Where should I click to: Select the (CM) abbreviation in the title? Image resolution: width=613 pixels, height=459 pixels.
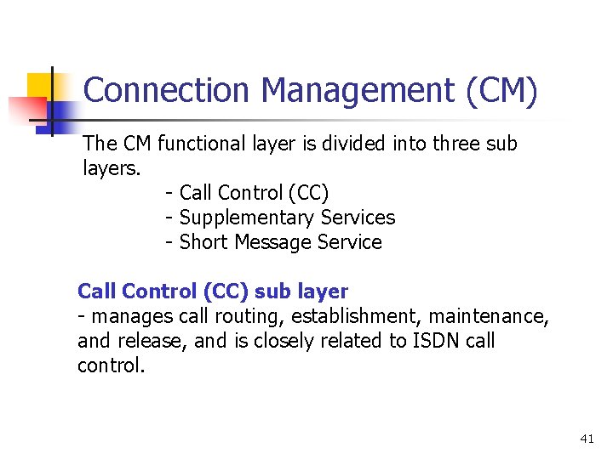point(502,90)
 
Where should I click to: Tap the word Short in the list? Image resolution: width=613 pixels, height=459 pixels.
point(203,242)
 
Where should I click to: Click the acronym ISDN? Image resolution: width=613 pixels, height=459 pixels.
point(433,342)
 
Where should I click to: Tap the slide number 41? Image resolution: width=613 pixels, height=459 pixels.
point(586,439)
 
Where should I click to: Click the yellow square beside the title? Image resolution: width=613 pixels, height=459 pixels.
point(38,85)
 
